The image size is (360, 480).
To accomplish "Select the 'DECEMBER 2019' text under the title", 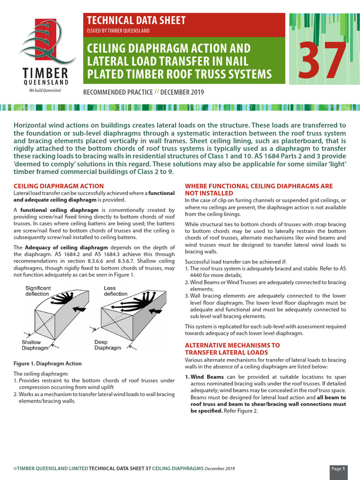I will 184,92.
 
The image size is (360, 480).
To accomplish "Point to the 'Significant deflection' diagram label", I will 38,291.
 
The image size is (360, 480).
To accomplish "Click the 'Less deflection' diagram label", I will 115,291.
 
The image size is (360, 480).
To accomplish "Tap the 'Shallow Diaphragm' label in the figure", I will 35,345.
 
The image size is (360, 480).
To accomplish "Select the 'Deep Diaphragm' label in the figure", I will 107,345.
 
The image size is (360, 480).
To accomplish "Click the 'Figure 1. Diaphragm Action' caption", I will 47,363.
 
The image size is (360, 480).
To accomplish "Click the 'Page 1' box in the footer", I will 338,468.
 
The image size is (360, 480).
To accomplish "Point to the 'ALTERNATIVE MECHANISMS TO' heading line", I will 232,345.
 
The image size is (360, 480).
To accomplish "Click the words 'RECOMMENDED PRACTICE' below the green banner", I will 118,92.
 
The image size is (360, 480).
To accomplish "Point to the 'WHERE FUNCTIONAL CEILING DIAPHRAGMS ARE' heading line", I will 259,186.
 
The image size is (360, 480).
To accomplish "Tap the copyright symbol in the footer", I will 15,468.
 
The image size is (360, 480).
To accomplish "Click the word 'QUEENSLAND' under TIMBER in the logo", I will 45,82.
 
